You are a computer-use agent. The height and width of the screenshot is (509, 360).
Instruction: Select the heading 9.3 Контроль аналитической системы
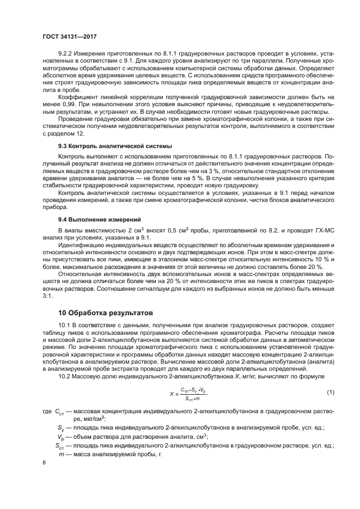click(x=115, y=146)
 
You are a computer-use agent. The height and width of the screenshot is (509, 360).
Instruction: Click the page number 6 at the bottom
click(x=44, y=462)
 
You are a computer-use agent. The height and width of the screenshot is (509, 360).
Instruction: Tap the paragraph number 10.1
click(x=65, y=325)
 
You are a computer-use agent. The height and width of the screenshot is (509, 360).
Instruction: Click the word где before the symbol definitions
click(x=47, y=412)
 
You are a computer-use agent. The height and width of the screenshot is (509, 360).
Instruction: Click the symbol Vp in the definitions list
click(x=61, y=437)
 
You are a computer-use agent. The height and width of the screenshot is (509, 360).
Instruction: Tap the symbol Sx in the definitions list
click(x=60, y=428)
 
